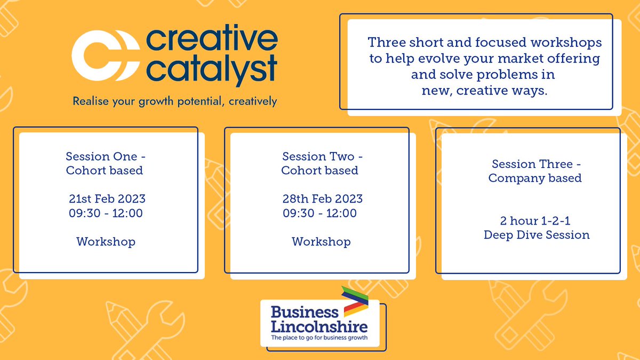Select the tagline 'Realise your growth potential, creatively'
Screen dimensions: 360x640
pos(175,101)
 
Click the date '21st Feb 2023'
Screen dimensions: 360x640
pos(107,199)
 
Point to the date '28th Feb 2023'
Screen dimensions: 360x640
pos(323,199)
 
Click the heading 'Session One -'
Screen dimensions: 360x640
pos(106,157)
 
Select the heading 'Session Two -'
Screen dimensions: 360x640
pos(322,157)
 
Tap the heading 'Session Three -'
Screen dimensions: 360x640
pos(535,164)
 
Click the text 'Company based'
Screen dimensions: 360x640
pos(535,178)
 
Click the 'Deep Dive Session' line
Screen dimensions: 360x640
pos(537,235)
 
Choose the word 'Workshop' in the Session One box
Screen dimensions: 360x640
pos(106,242)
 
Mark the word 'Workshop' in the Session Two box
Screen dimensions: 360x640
pos(321,242)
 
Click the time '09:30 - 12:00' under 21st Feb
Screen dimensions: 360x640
pos(106,213)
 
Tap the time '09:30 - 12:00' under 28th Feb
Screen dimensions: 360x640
pos(319,213)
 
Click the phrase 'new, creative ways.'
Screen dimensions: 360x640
pos(485,90)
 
